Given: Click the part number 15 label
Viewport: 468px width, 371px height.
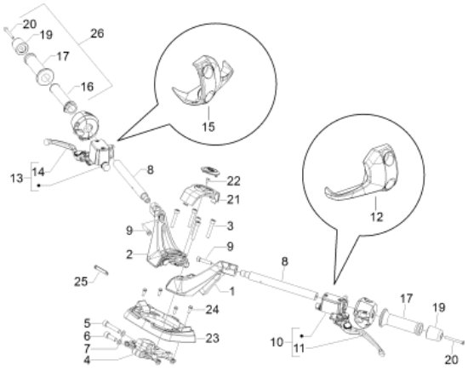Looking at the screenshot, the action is (x=208, y=127).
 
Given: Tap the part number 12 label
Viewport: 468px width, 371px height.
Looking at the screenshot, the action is (x=376, y=217).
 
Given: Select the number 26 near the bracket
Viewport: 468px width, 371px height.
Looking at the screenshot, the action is (x=97, y=33).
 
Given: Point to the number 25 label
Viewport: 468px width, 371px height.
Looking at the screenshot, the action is (x=81, y=282).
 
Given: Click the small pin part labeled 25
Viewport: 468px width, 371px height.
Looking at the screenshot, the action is (x=101, y=269).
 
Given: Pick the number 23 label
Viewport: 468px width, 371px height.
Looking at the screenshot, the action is (x=212, y=338).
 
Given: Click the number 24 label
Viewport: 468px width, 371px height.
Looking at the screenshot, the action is (x=212, y=310).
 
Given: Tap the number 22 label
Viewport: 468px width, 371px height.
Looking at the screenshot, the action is (x=234, y=181).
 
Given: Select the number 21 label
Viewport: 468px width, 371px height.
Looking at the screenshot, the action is (x=233, y=199).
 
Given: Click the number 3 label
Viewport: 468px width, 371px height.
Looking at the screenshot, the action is (x=230, y=226).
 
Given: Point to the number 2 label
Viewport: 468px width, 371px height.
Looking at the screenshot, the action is (x=129, y=254).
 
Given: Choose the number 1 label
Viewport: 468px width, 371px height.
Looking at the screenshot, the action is (x=232, y=291).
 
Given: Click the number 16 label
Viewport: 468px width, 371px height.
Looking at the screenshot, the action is (x=87, y=87).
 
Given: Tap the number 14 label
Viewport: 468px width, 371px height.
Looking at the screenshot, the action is (x=38, y=172).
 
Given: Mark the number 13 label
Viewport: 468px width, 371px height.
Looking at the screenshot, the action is (x=16, y=179).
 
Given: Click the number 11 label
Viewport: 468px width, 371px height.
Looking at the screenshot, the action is (x=299, y=348).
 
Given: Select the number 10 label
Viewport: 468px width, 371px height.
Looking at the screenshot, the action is (x=277, y=342).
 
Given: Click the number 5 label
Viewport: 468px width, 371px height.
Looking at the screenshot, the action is (x=87, y=323).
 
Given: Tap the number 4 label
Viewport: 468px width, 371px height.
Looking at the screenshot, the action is (x=87, y=360).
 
